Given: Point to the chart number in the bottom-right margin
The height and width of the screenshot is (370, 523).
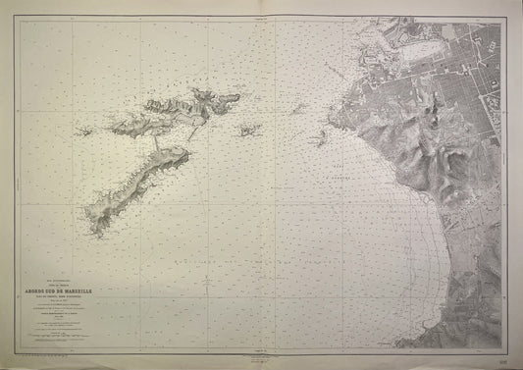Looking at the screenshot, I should [x=501, y=359].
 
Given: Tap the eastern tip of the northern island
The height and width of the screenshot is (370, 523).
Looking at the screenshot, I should [x=238, y=97].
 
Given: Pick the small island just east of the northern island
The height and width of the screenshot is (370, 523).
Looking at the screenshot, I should [x=245, y=130].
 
